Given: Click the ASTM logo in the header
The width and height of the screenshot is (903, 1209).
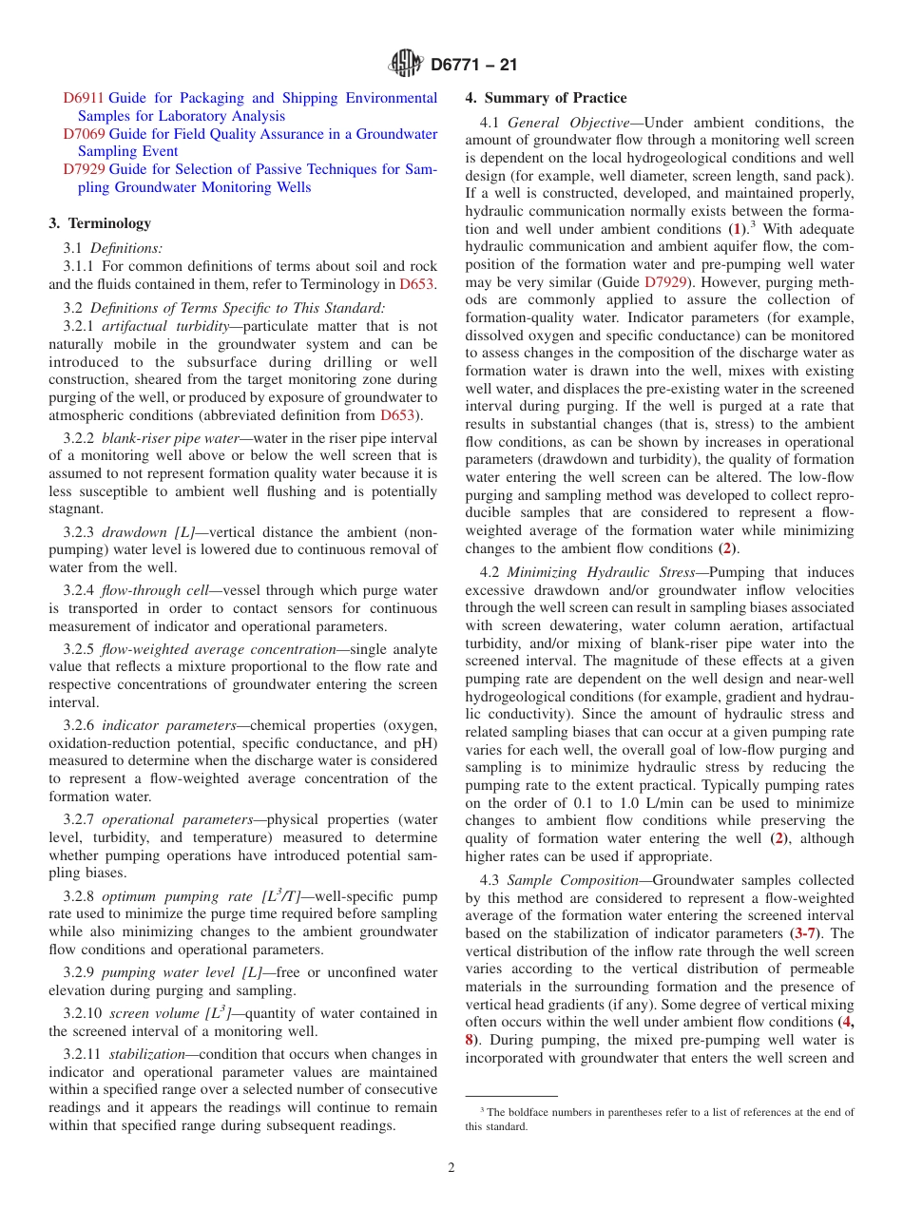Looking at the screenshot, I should pos(406,65).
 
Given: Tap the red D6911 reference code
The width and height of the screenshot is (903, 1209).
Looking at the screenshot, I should pos(84,98).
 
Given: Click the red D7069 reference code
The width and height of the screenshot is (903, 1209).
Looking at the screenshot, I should pos(84,134).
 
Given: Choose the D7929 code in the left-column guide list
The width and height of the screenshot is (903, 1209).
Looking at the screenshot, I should pos(84,169).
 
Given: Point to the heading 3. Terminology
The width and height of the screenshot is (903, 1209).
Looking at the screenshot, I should pos(100,223).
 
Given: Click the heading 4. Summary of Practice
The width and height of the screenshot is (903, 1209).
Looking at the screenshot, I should pos(546,98).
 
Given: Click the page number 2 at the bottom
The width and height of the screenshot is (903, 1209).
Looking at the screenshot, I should pos(451,1168).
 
